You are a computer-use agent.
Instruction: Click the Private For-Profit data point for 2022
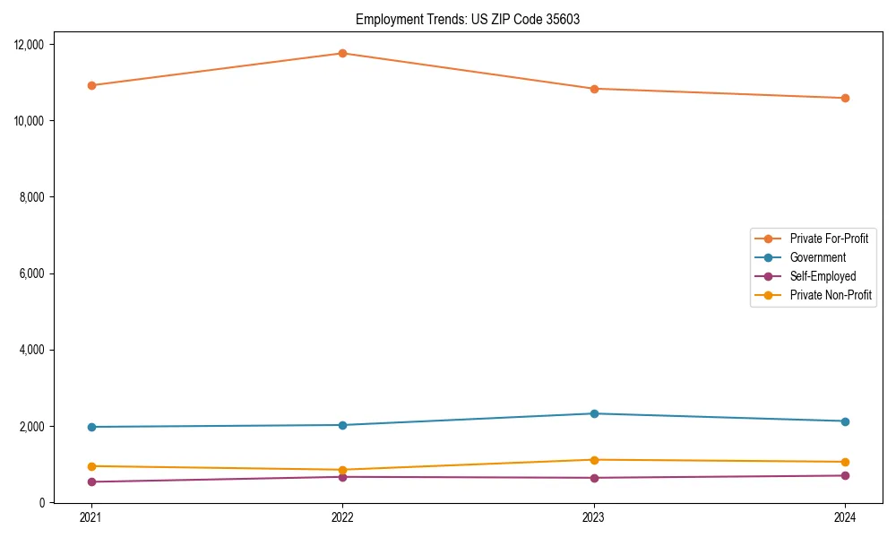tap(342, 53)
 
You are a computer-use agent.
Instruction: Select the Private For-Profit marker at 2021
tap(90, 85)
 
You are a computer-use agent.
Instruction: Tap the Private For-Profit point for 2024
tap(845, 98)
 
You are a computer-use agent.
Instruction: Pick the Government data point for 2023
tap(594, 413)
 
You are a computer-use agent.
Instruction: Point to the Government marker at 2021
tap(90, 427)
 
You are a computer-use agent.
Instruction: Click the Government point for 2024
tap(845, 421)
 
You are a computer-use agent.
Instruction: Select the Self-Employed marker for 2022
tap(342, 477)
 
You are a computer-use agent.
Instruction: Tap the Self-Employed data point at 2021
tap(90, 482)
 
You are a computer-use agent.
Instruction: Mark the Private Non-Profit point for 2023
tap(594, 460)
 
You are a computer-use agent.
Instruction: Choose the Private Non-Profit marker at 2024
tap(845, 462)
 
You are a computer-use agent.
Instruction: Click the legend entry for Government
tap(817, 257)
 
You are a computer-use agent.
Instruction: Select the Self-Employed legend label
tap(823, 276)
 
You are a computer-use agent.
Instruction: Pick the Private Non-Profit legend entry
tap(831, 295)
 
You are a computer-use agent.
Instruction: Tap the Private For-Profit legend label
tap(829, 239)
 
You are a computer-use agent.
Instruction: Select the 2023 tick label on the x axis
tap(594, 517)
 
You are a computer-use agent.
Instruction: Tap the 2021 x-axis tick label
tap(90, 517)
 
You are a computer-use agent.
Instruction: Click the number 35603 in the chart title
tap(562, 19)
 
